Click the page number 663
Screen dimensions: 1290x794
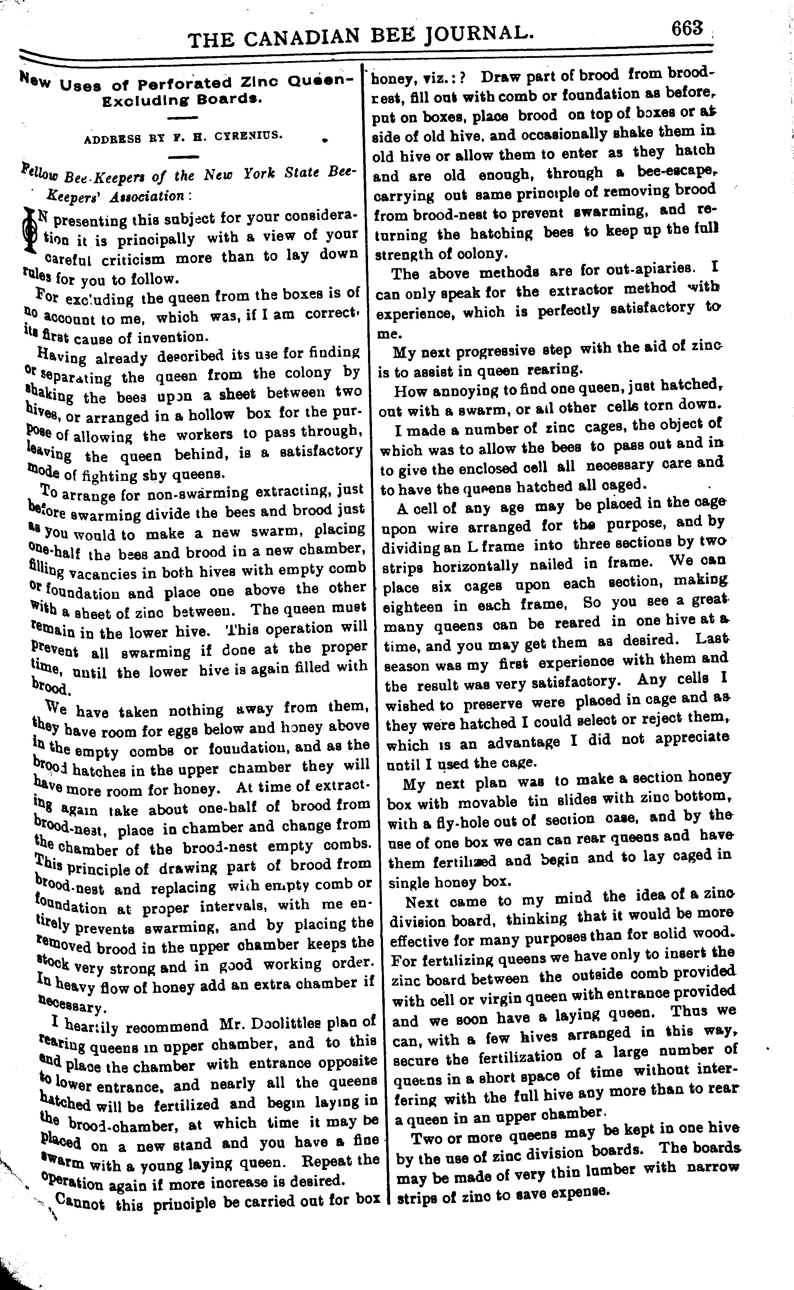coord(686,28)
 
